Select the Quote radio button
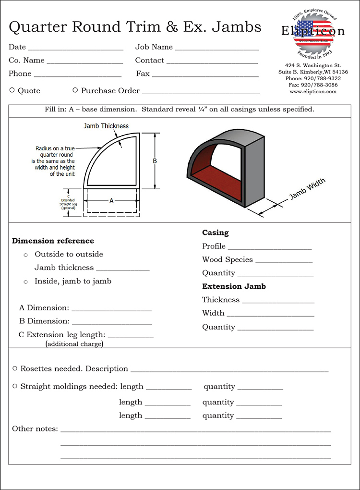(x=12, y=90)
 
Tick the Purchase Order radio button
(x=75, y=90)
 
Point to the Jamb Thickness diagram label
(x=106, y=126)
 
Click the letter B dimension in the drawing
(x=155, y=161)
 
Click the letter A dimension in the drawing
(x=111, y=201)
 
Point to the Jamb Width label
(x=307, y=189)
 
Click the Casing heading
(x=215, y=233)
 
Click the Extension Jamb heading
(x=234, y=286)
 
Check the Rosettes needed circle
(x=15, y=368)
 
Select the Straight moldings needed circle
(x=15, y=386)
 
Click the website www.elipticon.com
(x=312, y=91)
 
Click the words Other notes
(x=35, y=429)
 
